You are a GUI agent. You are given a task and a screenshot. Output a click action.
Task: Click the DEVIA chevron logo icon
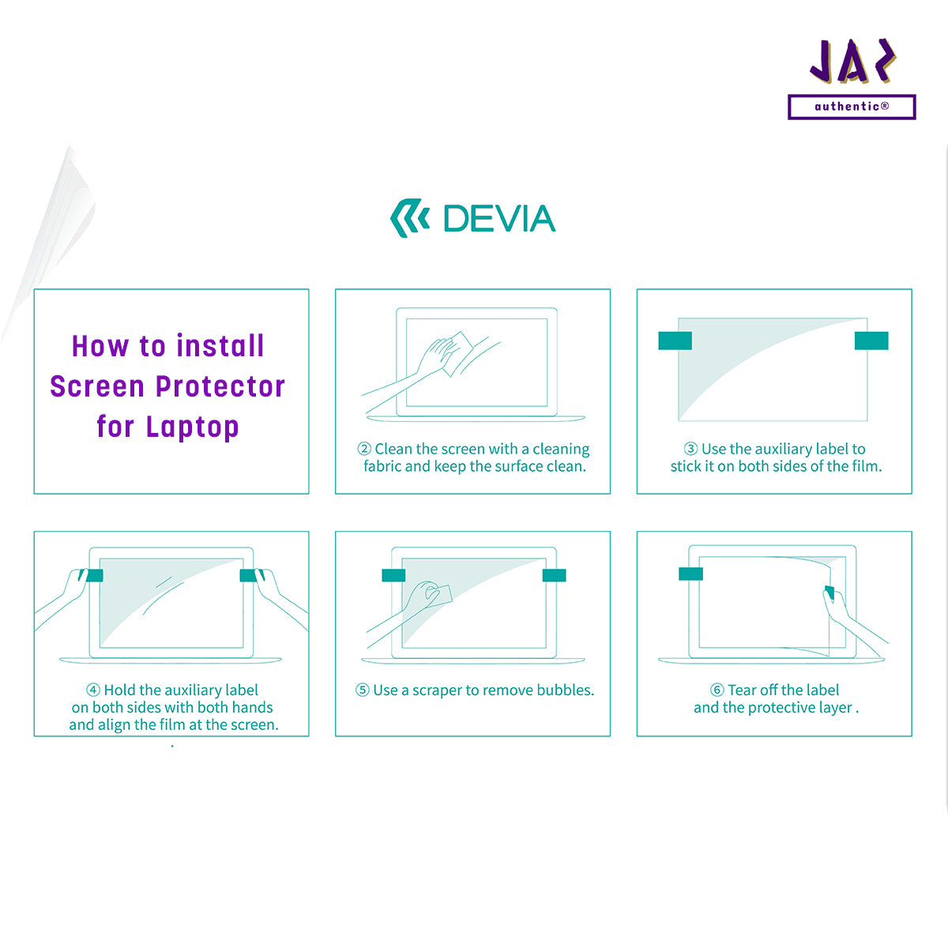(409, 218)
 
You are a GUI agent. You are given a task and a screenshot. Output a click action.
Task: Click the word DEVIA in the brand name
(499, 218)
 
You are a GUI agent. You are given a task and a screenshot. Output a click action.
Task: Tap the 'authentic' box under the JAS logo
(852, 107)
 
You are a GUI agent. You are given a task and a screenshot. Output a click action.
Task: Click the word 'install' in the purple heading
(220, 346)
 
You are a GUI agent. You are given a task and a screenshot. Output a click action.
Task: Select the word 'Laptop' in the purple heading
(192, 427)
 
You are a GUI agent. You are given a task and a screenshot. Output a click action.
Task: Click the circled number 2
(364, 449)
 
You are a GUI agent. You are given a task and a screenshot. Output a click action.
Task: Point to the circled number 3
(690, 449)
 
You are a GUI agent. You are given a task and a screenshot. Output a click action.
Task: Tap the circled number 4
(93, 690)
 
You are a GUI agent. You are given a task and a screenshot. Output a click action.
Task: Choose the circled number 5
(363, 690)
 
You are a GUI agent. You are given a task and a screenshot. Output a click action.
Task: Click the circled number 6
(717, 690)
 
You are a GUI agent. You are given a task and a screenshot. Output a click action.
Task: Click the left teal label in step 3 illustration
(675, 340)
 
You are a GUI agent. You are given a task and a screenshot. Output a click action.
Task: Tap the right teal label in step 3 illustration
(871, 340)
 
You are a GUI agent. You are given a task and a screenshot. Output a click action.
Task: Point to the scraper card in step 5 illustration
(439, 596)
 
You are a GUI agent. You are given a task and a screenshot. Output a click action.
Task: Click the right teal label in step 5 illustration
(554, 575)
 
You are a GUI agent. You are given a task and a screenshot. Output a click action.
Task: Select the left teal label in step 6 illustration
(690, 574)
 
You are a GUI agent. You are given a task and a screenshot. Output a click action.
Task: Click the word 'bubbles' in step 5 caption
(566, 690)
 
